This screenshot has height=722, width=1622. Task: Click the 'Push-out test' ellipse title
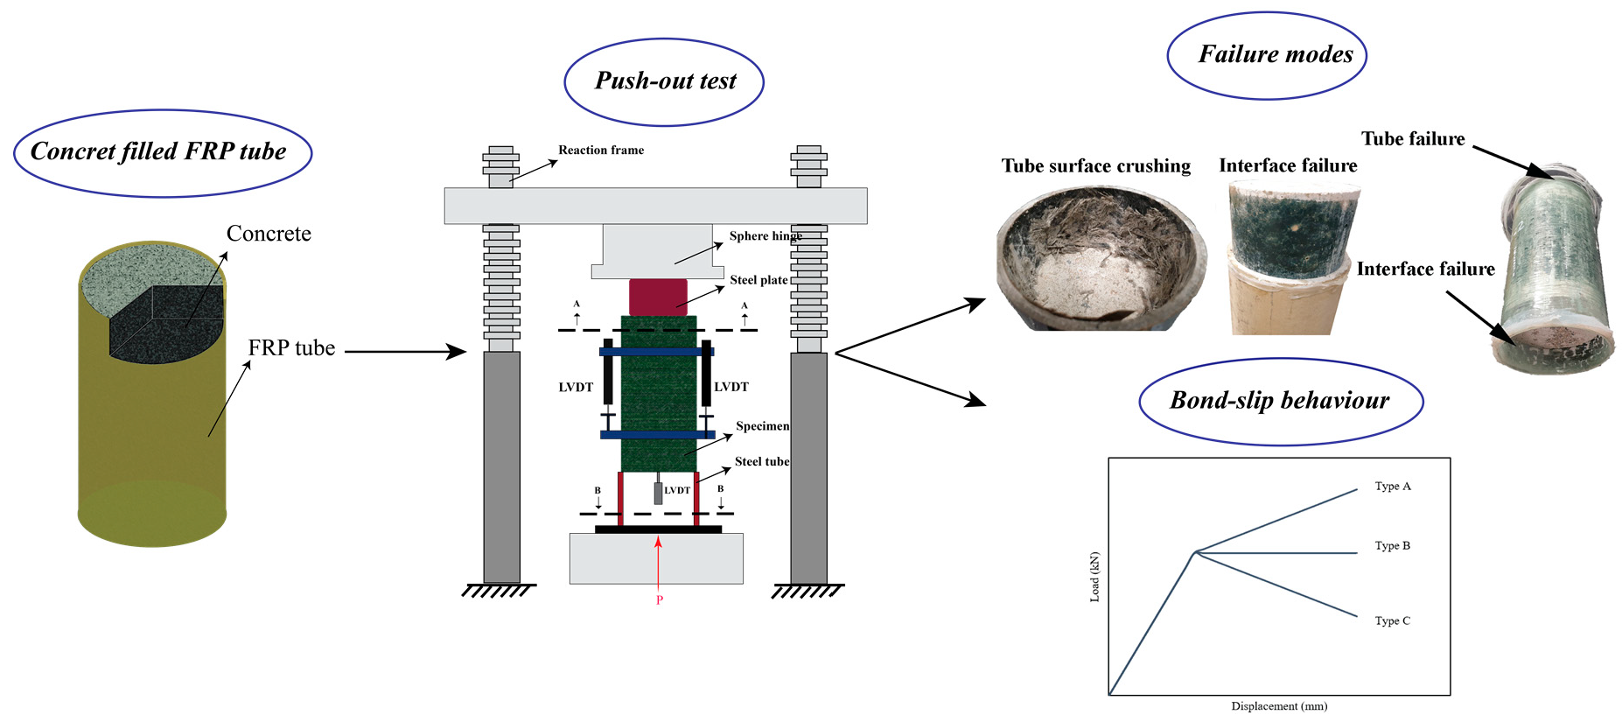point(665,81)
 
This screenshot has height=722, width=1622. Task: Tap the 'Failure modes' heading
point(1275,55)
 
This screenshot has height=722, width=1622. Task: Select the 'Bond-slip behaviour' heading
point(1279,401)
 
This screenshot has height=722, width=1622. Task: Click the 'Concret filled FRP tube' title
point(158,151)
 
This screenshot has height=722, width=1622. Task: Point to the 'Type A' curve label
point(1392,487)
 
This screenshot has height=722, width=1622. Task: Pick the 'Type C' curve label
point(1392,621)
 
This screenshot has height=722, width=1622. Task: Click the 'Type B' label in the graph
point(1392,546)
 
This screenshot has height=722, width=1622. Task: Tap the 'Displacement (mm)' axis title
point(1278,706)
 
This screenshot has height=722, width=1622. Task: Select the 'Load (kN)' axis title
point(1094,577)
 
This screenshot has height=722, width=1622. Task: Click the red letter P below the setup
point(660,600)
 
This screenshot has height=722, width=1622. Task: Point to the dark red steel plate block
point(658,297)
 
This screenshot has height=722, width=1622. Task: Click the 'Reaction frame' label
point(601,151)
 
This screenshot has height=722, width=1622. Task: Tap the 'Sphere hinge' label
point(765,236)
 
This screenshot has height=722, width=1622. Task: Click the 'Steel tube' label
point(761,462)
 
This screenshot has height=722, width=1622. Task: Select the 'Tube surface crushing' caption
point(1095,166)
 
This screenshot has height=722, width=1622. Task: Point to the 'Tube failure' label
point(1412,139)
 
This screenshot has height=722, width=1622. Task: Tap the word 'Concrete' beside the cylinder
point(269,234)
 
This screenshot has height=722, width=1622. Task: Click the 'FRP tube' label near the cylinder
point(291,348)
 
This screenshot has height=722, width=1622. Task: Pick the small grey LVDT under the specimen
point(658,493)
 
